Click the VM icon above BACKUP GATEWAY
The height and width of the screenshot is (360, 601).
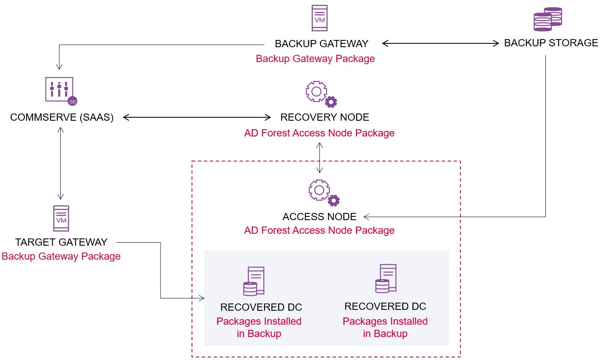(x=319, y=18)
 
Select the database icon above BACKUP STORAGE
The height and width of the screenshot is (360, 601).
(x=547, y=19)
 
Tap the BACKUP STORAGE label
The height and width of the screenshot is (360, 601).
(x=551, y=43)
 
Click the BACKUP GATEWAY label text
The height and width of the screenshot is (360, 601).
(x=322, y=44)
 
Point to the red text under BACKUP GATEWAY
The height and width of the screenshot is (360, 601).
(x=315, y=59)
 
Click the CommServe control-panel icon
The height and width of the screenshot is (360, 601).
(x=61, y=90)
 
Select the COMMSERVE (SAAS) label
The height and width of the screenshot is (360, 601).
(x=62, y=117)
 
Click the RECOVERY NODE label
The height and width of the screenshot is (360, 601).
(x=324, y=117)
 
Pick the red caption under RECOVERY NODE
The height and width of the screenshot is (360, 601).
(x=319, y=133)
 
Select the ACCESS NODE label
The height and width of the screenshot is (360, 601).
(x=319, y=217)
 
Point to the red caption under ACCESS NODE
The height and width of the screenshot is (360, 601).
(x=319, y=230)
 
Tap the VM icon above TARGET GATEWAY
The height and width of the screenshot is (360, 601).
(x=61, y=218)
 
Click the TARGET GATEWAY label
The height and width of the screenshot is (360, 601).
(x=61, y=242)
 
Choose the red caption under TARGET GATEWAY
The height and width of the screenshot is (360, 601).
(x=61, y=256)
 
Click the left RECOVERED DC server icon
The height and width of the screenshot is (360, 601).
(x=254, y=281)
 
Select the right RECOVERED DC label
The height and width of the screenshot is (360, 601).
(x=385, y=306)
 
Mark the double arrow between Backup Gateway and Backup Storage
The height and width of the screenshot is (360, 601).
(x=440, y=43)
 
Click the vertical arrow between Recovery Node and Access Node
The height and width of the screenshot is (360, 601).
(x=319, y=158)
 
